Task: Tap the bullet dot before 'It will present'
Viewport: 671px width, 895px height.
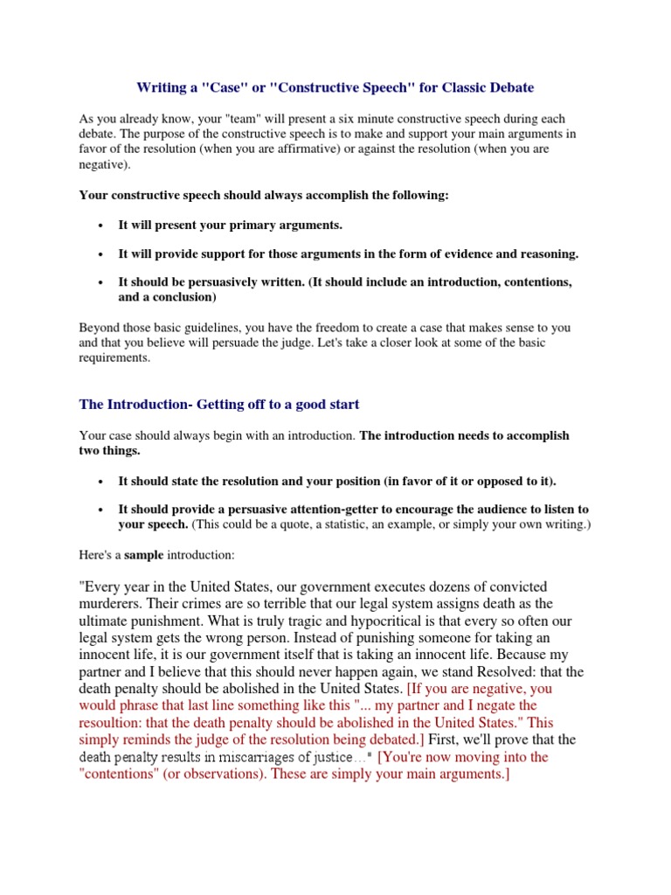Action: [101, 225]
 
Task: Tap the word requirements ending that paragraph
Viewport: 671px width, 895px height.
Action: [114, 358]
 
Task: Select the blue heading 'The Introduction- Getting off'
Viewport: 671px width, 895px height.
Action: [219, 404]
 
